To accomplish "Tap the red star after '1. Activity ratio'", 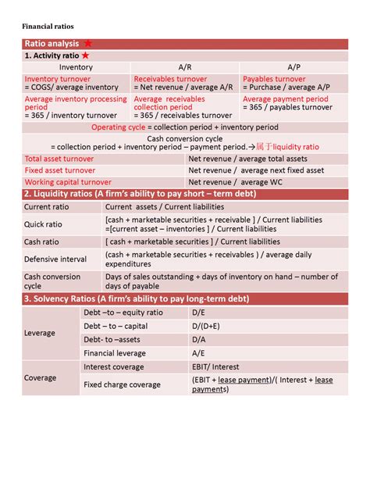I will pyautogui.click(x=84, y=56).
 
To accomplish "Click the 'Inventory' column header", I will pyautogui.click(x=76, y=68).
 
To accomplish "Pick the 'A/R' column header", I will pyautogui.click(x=185, y=68).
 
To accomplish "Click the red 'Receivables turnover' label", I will pyautogui.click(x=170, y=79).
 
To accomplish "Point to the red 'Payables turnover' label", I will pyautogui.click(x=274, y=79).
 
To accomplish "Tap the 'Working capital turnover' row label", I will pyautogui.click(x=68, y=182).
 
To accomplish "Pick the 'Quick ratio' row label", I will pyautogui.click(x=44, y=224).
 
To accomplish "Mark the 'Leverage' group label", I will pyautogui.click(x=40, y=333).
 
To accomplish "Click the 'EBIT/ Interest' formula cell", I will pyautogui.click(x=215, y=366).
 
